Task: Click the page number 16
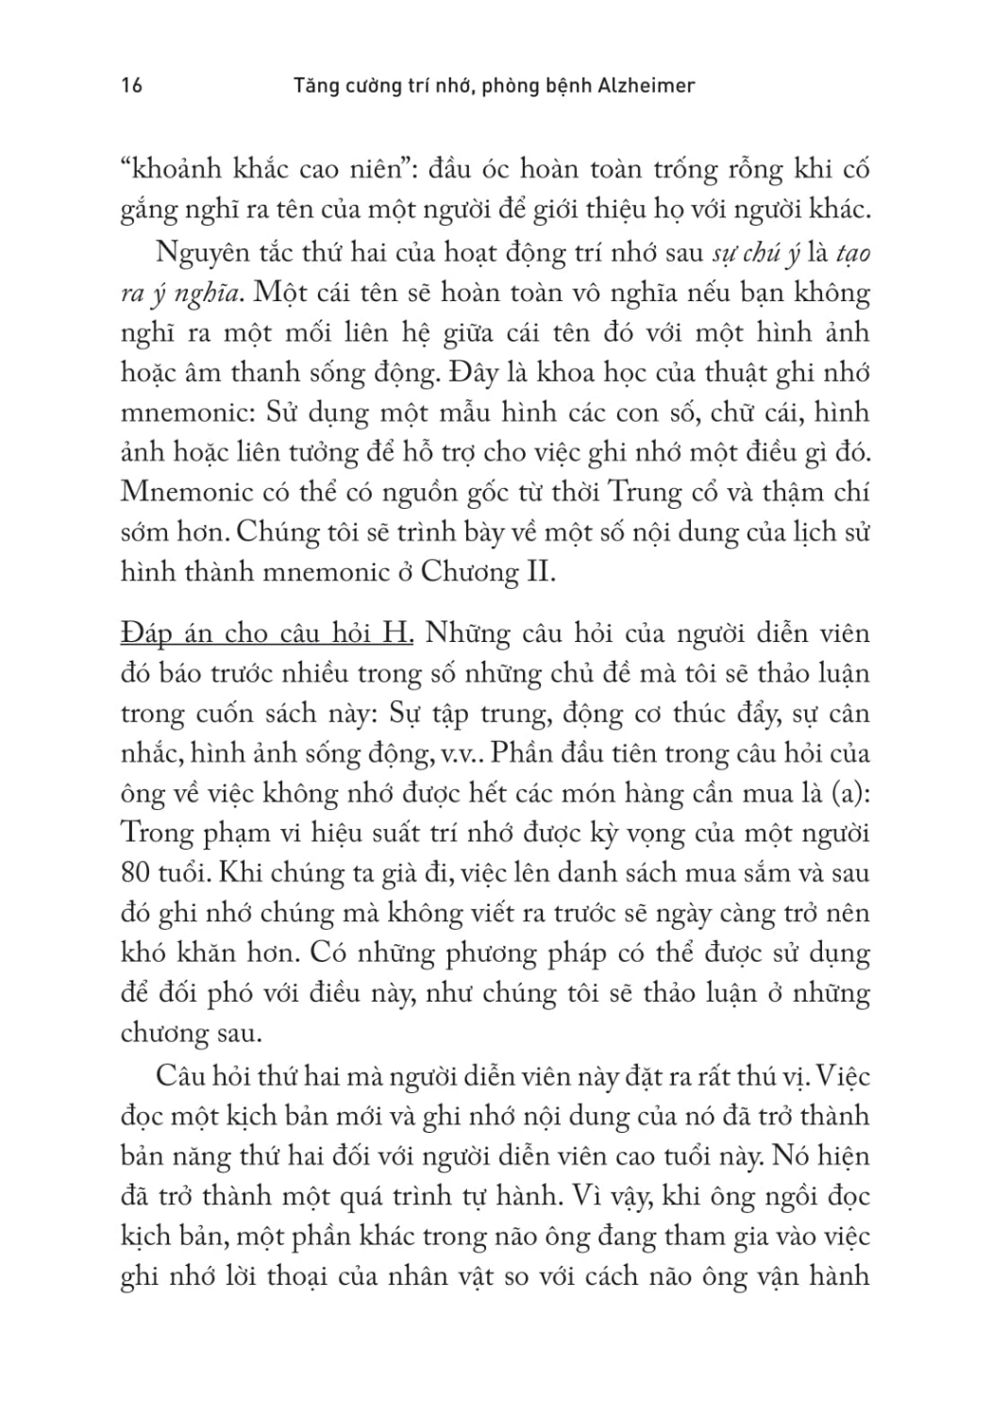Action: click(131, 85)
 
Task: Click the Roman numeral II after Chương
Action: click(535, 572)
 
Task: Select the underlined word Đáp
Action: click(144, 634)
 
